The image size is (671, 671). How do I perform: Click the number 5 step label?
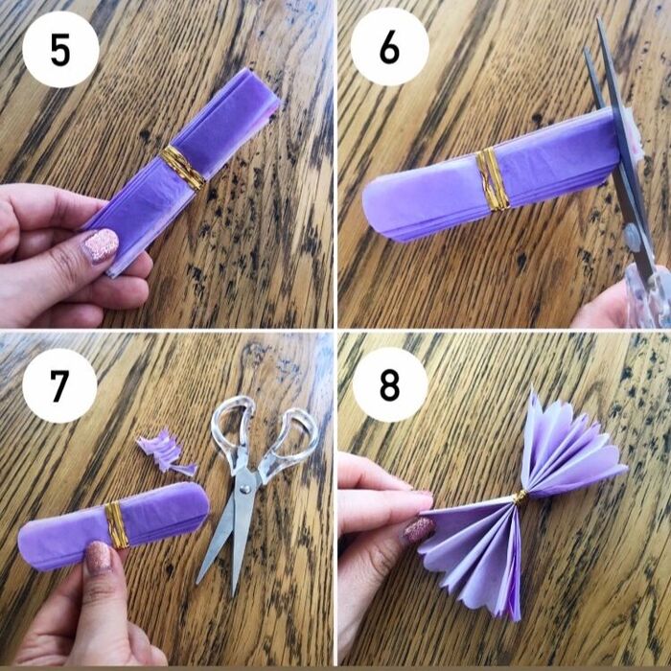point(60,50)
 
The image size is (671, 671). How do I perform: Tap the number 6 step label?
point(389,48)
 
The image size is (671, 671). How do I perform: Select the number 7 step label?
point(59,385)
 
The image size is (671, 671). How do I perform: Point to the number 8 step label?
point(389,384)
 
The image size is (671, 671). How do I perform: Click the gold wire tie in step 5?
point(182,168)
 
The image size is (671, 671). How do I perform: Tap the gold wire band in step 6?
point(493,179)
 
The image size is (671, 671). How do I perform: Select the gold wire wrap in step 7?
point(116,524)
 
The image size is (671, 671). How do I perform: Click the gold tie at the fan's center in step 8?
point(520,497)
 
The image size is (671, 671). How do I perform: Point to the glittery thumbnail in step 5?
point(100,245)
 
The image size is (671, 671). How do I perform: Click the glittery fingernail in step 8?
point(419,531)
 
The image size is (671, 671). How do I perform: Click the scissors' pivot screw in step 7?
point(244,487)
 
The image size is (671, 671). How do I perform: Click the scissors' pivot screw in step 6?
point(633,237)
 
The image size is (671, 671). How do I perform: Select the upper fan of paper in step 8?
point(567,444)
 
